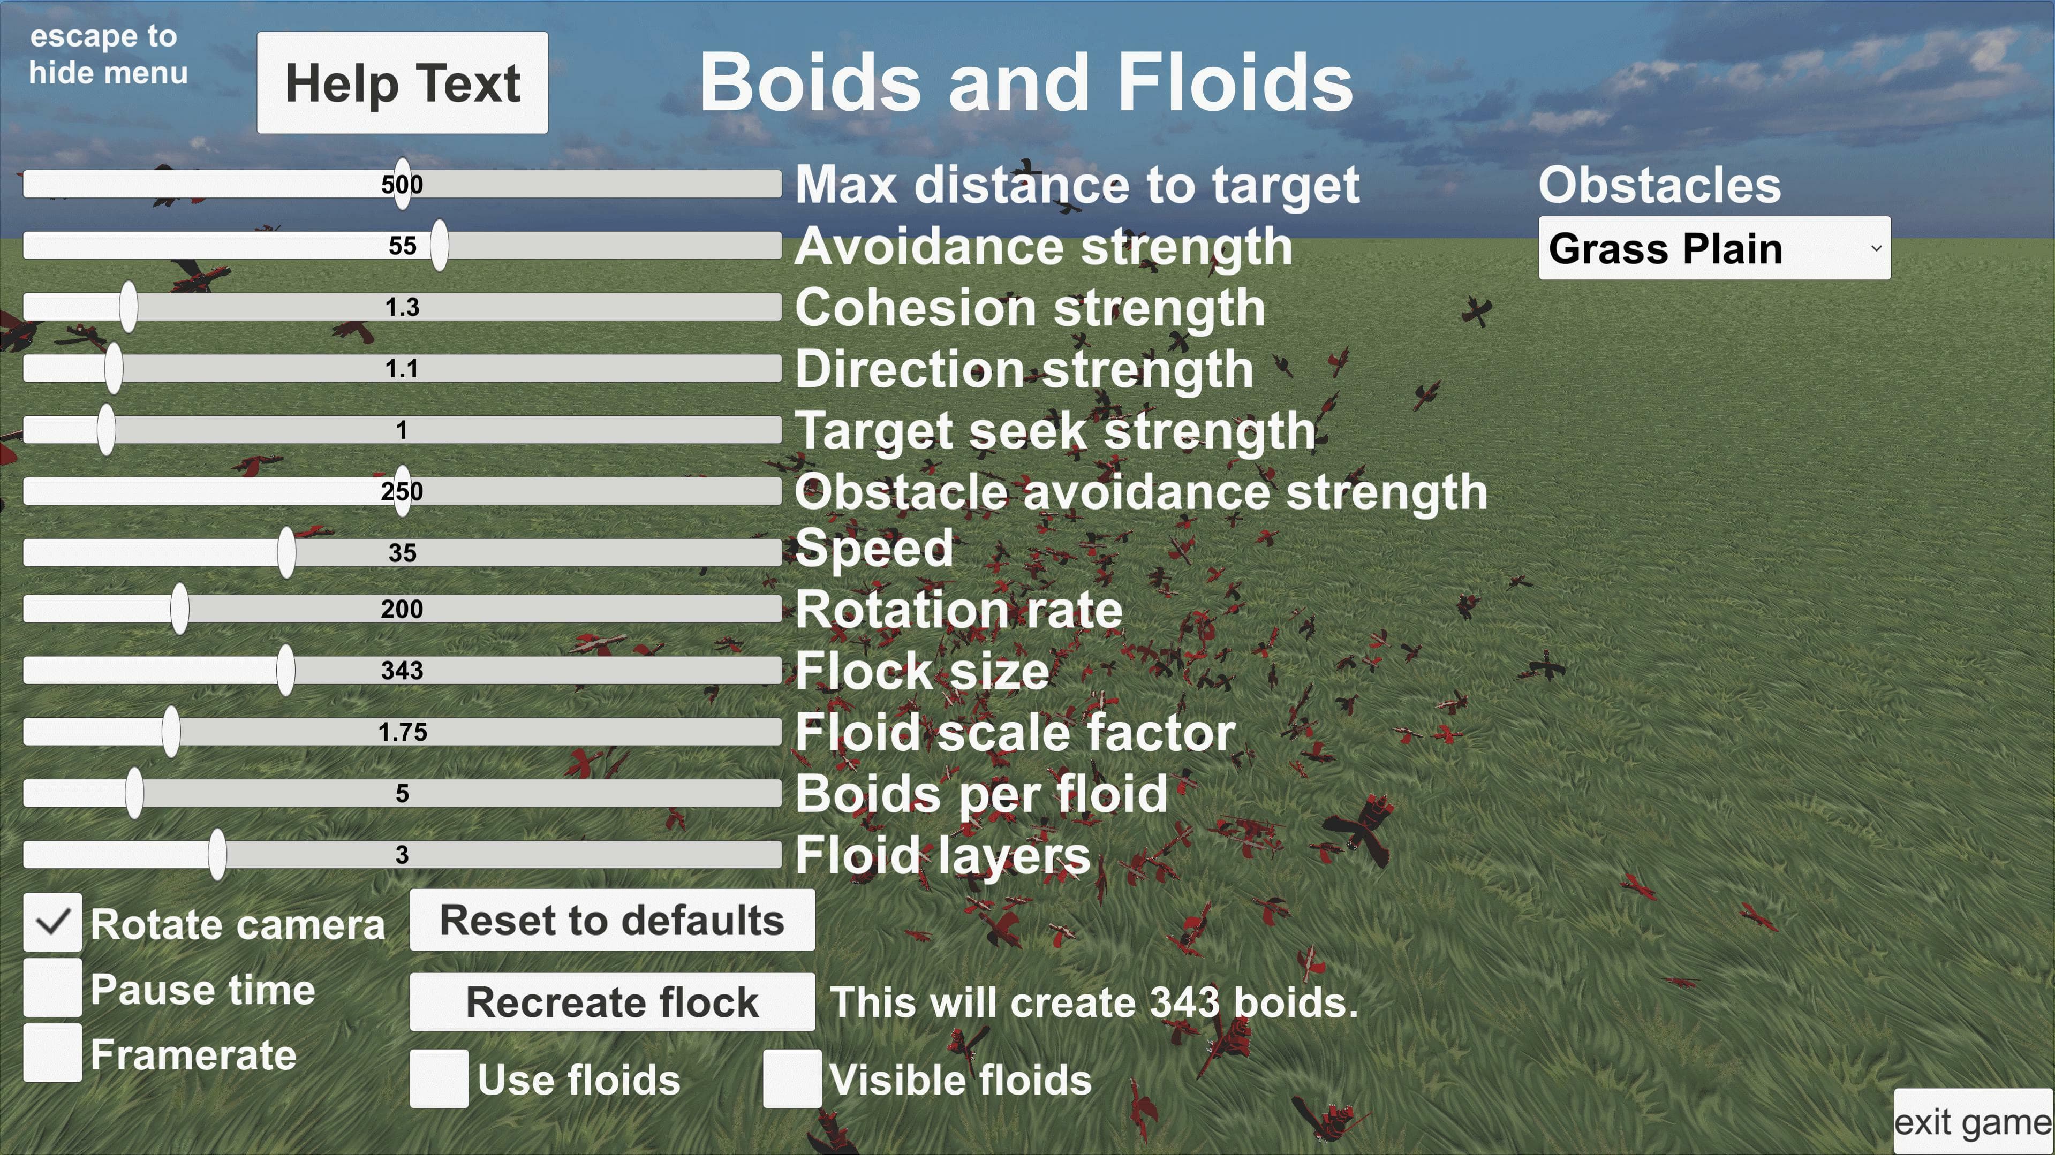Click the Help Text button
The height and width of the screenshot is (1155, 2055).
(x=402, y=83)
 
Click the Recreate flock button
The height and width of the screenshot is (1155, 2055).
(x=612, y=1002)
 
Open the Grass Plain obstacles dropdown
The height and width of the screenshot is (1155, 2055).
(x=1713, y=248)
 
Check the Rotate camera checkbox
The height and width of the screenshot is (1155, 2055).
(x=52, y=922)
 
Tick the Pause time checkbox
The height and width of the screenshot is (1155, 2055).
(x=52, y=987)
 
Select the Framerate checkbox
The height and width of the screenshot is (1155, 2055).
(x=52, y=1053)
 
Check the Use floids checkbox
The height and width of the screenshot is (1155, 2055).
(x=439, y=1078)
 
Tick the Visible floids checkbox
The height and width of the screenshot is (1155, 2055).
(x=791, y=1078)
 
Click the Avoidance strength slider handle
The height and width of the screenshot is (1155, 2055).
(x=439, y=246)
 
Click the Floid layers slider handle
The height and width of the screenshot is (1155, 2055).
(x=217, y=854)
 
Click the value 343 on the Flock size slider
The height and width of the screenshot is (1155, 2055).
(x=402, y=670)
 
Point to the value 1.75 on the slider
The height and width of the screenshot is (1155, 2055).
(x=402, y=732)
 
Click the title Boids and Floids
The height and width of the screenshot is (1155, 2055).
(x=1026, y=83)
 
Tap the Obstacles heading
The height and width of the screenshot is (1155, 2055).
(x=1659, y=185)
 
